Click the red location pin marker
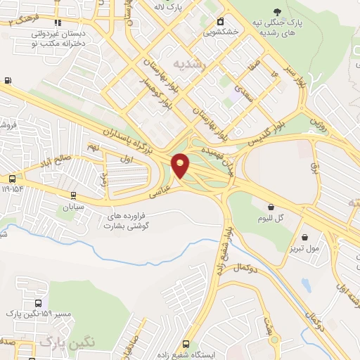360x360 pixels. tap(181, 165)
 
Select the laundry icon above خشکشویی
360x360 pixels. tap(220, 22)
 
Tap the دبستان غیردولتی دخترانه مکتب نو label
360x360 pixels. tap(58, 37)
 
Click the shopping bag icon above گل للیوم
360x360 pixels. tap(271, 207)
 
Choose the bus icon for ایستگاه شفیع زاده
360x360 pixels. tap(186, 345)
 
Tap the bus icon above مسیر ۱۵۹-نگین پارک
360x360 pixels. tap(38, 303)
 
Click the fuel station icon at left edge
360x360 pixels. tap(7, 80)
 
